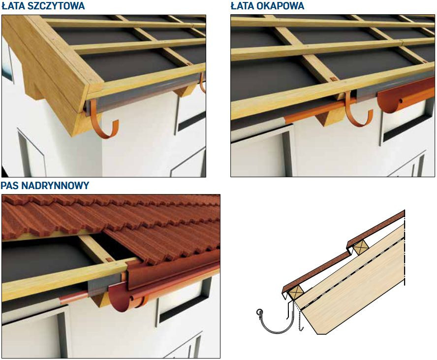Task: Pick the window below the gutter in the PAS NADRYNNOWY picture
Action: click(x=183, y=302)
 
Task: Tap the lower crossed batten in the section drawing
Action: click(x=295, y=293)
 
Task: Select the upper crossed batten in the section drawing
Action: click(x=361, y=247)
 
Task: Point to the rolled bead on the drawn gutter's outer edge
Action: click(x=259, y=312)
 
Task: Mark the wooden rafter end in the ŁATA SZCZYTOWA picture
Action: click(x=184, y=91)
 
